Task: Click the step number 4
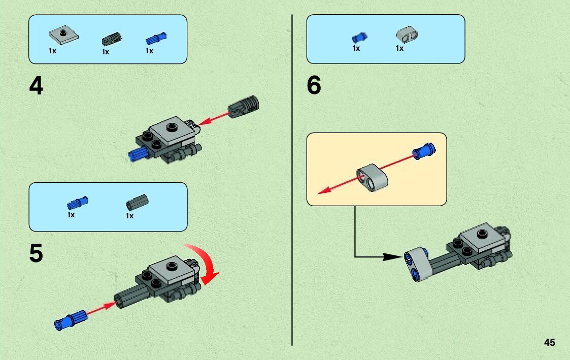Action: pos(36,86)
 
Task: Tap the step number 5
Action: pos(36,254)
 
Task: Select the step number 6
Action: pos(314,86)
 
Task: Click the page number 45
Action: pos(549,343)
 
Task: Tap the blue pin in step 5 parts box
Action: pos(77,203)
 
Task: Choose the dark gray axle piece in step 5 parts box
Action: pos(137,202)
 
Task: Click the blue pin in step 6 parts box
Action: pos(359,37)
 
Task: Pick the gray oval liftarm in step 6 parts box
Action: pos(407,35)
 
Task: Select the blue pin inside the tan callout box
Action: pos(423,150)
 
